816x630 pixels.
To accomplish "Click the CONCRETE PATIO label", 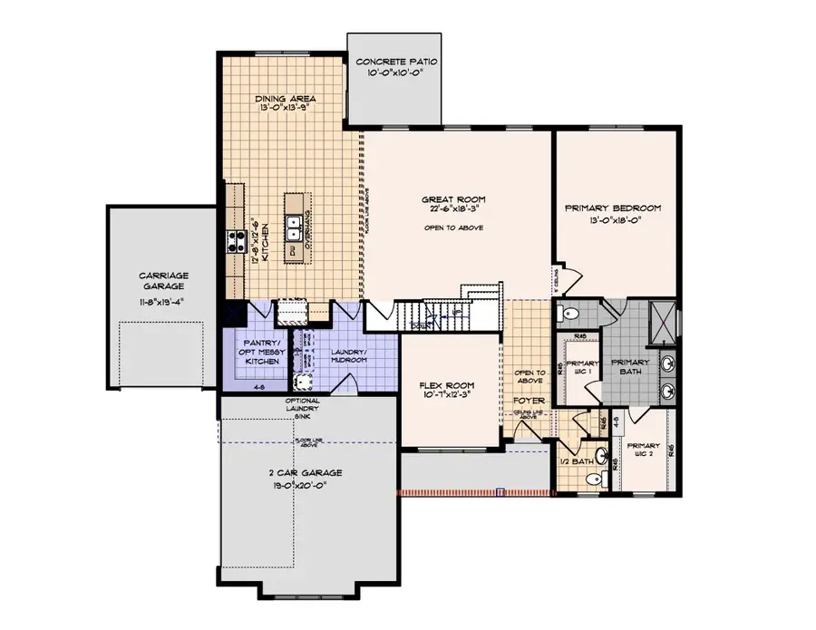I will tap(396, 63).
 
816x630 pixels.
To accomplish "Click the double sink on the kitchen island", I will tap(294, 224).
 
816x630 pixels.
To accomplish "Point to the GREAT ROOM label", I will tap(454, 199).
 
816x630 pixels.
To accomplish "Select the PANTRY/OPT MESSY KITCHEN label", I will tap(255, 351).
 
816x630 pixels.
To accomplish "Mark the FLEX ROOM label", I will tap(447, 384).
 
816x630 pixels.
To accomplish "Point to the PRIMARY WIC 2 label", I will tap(643, 451).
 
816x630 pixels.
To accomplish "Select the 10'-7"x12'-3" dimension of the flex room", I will tap(447, 395).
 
